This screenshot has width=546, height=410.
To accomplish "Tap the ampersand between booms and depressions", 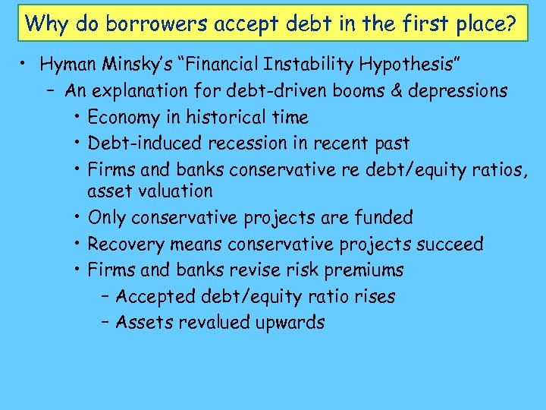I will [x=396, y=91].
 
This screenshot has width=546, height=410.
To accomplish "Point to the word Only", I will [x=106, y=218].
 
